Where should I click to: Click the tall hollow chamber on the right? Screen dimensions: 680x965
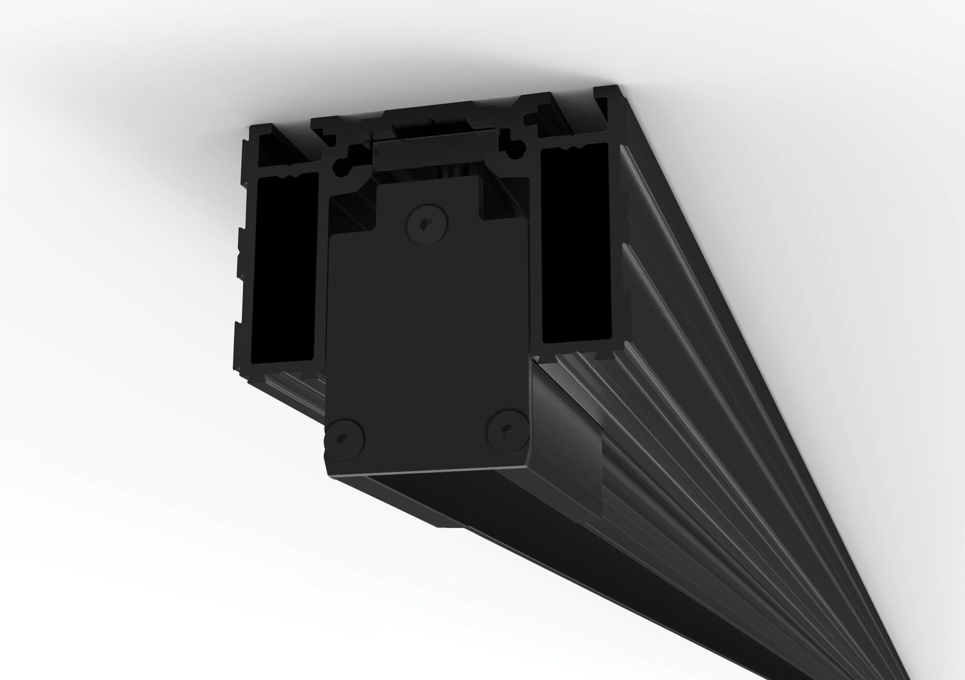tap(574, 244)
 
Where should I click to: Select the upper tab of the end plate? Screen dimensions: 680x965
tap(427, 193)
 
